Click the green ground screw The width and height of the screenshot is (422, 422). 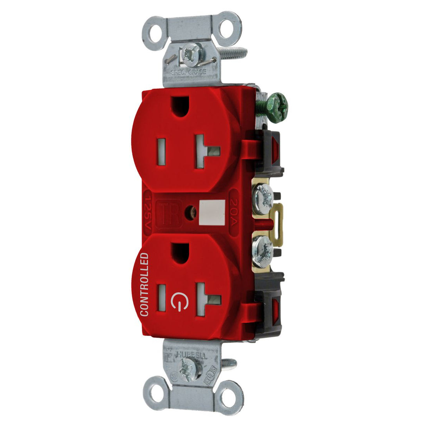coord(276,107)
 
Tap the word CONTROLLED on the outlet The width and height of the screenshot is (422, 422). coord(144,284)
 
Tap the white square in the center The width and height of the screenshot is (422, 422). coord(212,213)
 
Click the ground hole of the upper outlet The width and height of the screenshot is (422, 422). coord(180,105)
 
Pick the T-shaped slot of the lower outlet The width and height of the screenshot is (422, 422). coord(206,300)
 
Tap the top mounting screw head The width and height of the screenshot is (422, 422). coord(192,55)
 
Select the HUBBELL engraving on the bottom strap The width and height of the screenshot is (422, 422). coord(191,355)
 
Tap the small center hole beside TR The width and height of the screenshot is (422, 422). coord(191,213)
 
